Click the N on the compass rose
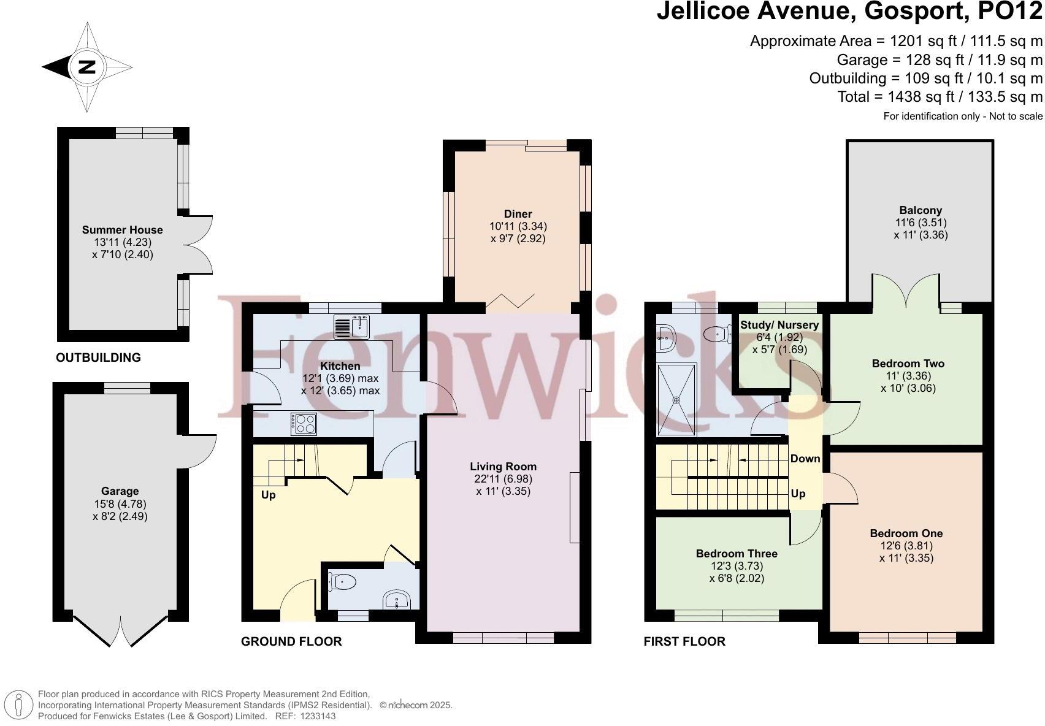[x=86, y=67]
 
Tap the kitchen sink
[x=352, y=327]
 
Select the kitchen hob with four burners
[x=304, y=424]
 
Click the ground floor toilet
[x=343, y=582]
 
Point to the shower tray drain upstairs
[x=676, y=400]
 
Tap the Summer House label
[x=122, y=229]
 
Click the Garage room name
[x=120, y=491]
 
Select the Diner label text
[x=518, y=214]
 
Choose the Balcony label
[x=921, y=210]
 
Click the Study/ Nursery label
[x=779, y=325]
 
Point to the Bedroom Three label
[x=737, y=553]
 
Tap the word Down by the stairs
[x=805, y=458]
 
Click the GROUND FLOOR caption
[x=291, y=641]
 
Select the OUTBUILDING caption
[x=99, y=357]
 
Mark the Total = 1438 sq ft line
[x=940, y=97]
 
